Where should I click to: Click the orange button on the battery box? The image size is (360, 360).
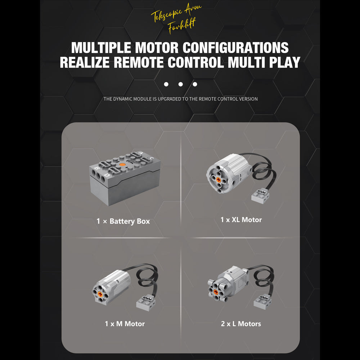point(122,165)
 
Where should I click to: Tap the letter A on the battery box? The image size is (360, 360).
point(141,153)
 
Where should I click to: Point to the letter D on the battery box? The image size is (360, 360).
point(107,175)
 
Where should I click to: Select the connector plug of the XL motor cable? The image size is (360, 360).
point(260,195)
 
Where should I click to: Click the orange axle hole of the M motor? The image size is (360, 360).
point(100,294)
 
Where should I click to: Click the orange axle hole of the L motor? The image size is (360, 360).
point(216,292)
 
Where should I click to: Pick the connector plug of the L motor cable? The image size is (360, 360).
point(263,302)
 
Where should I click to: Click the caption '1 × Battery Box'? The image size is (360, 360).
point(123,221)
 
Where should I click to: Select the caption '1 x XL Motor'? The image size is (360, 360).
point(241,220)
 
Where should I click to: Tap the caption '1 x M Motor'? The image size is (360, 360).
point(125,324)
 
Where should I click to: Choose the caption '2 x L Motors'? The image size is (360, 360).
point(241,324)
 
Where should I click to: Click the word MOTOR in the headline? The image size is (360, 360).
point(157,48)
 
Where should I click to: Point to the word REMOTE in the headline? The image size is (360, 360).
point(139,62)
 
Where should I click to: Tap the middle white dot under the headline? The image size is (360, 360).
point(180,84)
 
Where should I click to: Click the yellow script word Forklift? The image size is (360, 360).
point(181,25)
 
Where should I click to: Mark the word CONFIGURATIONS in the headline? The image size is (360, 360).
point(235,48)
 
